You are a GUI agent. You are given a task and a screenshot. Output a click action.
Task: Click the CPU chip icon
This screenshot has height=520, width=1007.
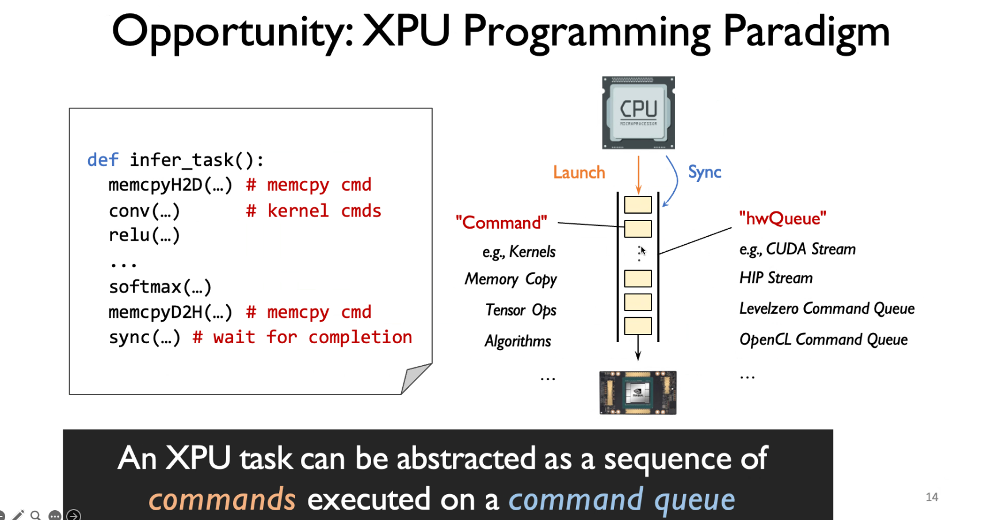click(638, 113)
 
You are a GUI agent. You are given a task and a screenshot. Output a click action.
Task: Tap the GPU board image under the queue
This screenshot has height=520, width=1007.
click(638, 393)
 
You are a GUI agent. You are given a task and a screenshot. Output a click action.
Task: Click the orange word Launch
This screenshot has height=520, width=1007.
click(579, 172)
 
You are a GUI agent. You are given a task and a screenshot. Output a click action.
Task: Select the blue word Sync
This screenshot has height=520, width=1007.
click(704, 172)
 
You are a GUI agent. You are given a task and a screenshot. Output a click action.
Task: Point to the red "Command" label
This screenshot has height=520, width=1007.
click(501, 222)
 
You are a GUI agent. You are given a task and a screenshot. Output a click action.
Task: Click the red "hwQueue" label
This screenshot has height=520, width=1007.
click(783, 218)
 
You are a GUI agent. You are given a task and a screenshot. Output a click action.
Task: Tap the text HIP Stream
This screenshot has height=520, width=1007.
click(776, 278)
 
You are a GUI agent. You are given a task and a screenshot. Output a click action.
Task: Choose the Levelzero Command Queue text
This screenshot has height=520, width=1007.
click(827, 309)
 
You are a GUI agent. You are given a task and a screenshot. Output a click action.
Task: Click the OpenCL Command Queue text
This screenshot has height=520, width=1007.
click(823, 340)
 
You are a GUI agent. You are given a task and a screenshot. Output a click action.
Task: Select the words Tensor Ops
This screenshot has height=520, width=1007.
click(521, 310)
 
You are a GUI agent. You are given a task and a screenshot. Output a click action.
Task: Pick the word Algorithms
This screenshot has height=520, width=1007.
click(518, 341)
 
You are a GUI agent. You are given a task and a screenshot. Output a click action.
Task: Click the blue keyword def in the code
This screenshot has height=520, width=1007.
click(103, 160)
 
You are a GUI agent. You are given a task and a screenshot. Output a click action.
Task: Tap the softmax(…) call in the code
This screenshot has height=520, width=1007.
click(161, 287)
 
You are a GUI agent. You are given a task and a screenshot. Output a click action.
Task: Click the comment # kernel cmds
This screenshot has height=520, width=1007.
click(314, 211)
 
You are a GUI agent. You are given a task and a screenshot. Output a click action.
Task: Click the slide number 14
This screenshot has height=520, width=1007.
click(932, 497)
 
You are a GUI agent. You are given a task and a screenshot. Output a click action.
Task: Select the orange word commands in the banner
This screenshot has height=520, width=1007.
click(222, 499)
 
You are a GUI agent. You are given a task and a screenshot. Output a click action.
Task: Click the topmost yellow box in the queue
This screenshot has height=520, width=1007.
click(638, 204)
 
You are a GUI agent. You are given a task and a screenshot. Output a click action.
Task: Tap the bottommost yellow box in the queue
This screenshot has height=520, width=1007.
click(638, 326)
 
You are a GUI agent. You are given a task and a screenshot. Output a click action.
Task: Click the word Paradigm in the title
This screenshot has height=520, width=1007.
click(806, 32)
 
